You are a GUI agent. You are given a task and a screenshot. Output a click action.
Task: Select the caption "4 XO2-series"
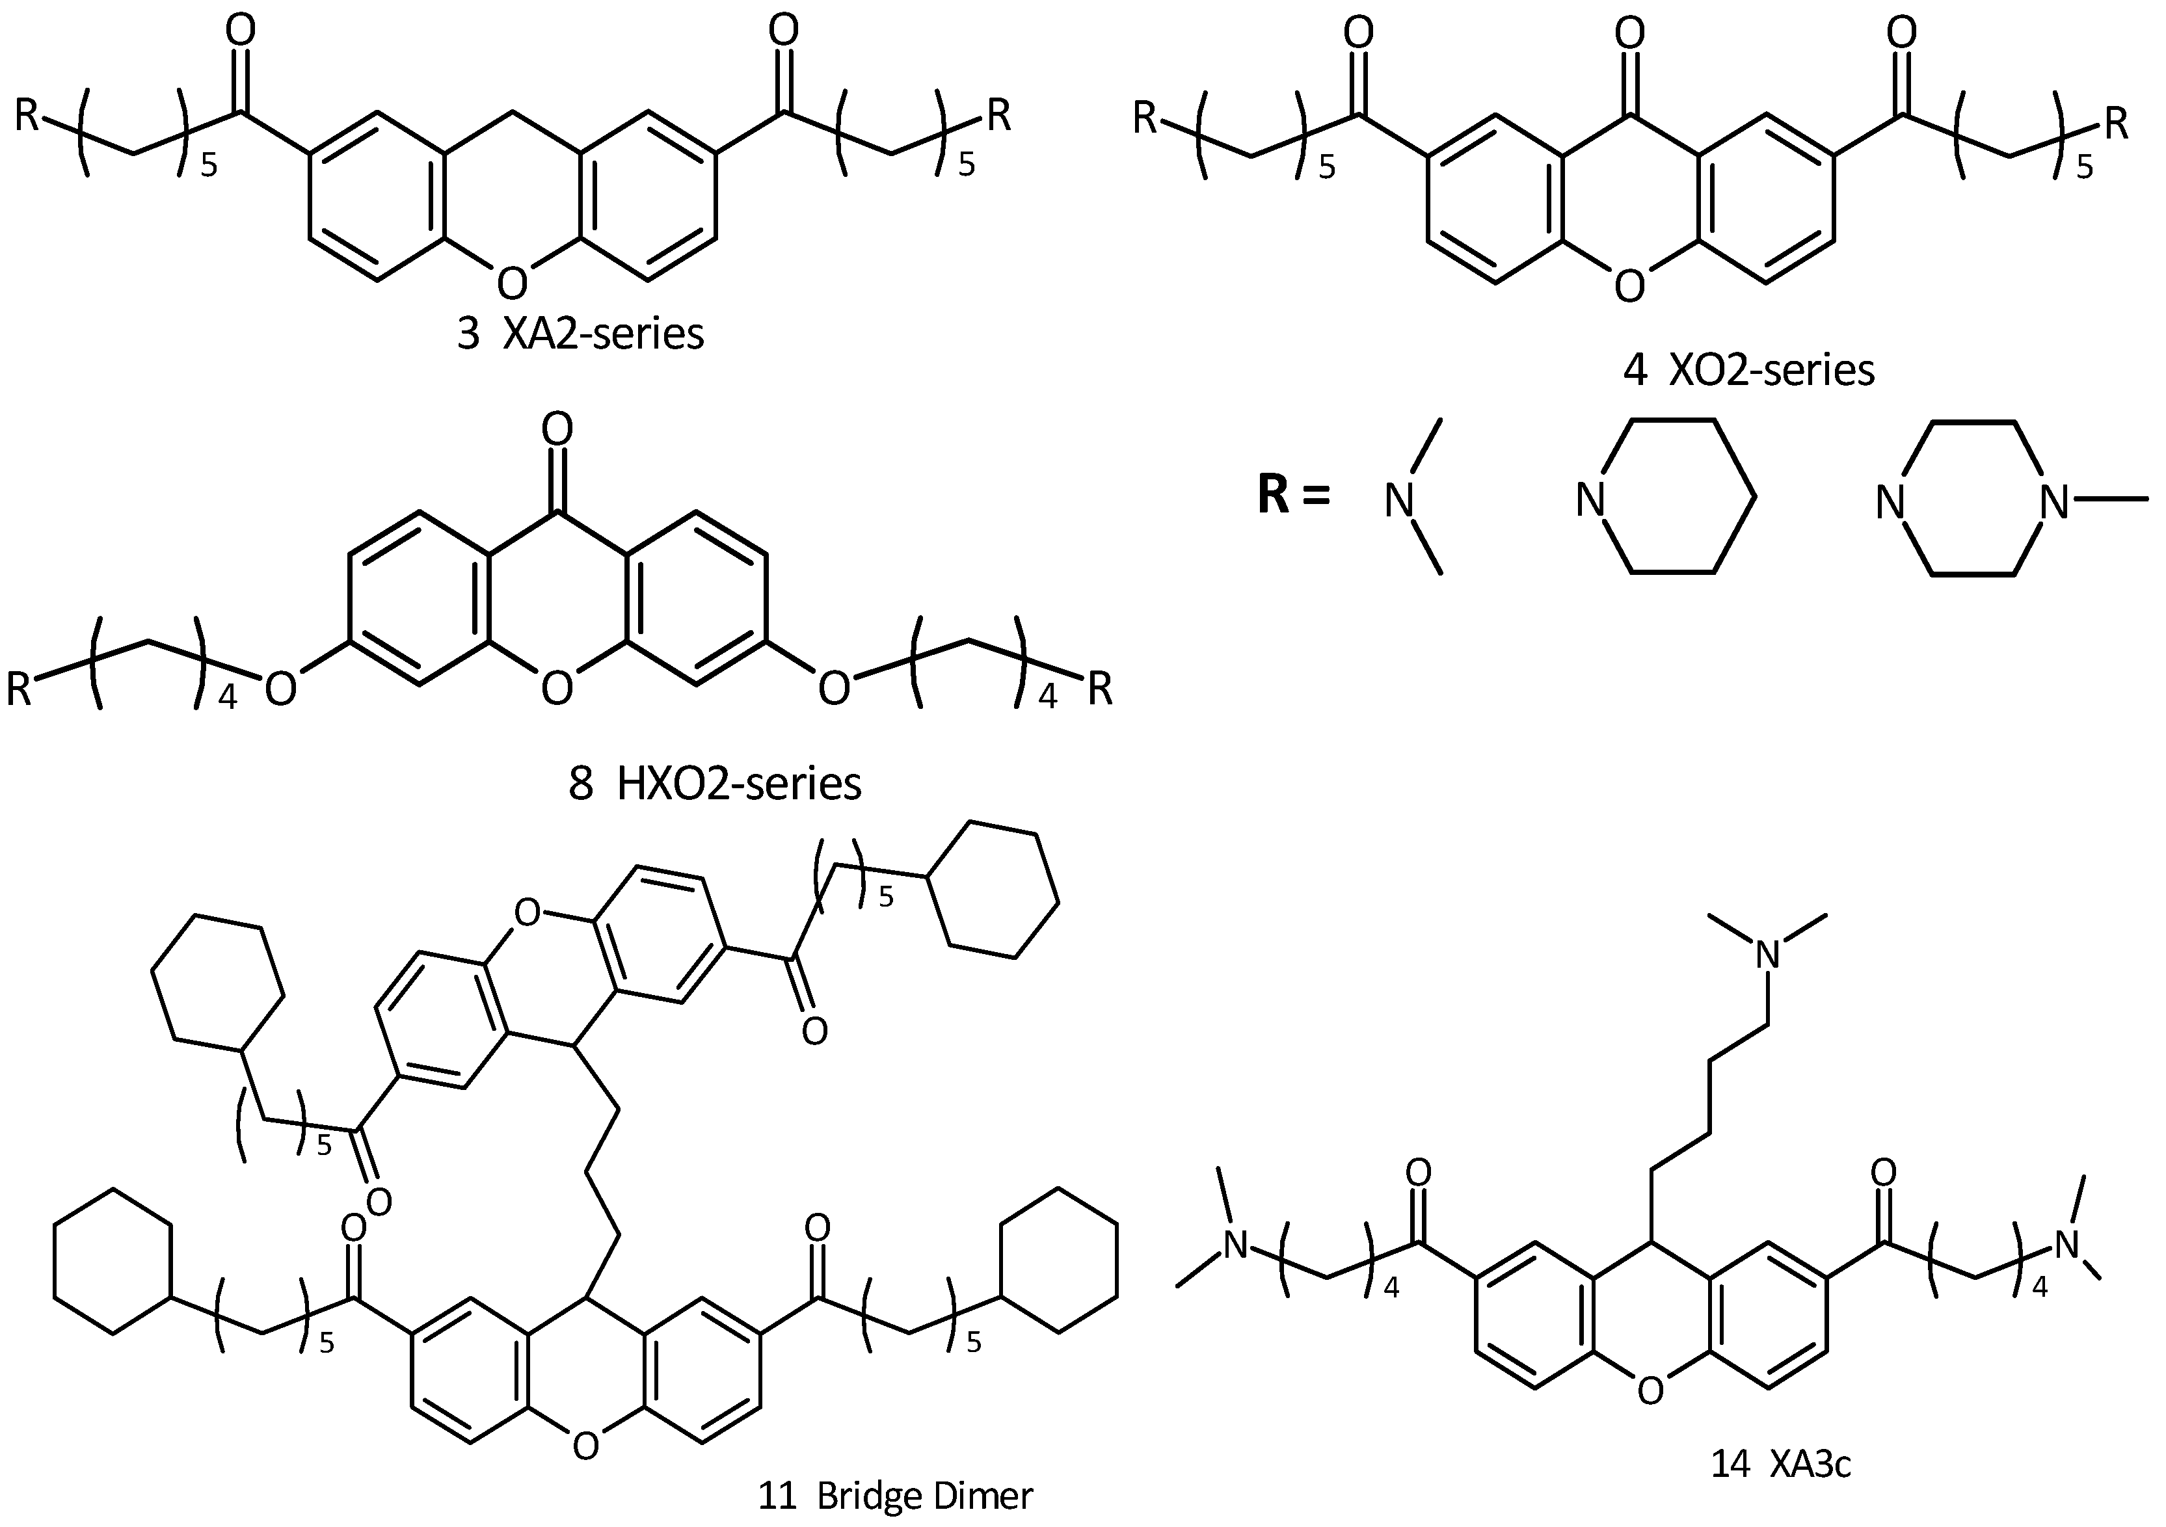point(1748,371)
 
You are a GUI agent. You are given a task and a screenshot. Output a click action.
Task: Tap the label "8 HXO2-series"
point(715,784)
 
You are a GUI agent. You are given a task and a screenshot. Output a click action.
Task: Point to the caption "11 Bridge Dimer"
point(895,1496)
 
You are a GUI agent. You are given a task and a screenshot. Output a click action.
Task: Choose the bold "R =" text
point(1292,495)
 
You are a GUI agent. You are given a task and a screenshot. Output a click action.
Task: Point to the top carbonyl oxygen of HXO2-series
point(557,430)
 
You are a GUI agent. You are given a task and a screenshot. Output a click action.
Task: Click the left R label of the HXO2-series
point(20,689)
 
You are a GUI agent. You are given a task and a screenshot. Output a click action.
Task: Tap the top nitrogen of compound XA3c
point(1769,955)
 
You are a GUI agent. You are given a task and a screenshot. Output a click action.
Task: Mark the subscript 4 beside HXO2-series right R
point(1047,699)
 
